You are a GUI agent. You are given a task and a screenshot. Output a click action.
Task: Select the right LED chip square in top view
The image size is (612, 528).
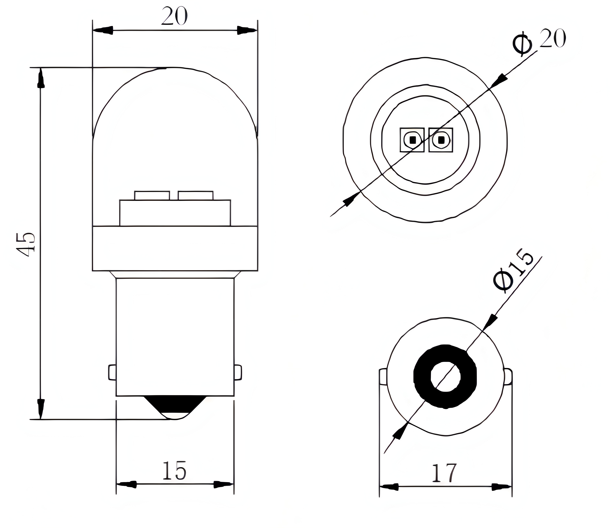click(x=441, y=140)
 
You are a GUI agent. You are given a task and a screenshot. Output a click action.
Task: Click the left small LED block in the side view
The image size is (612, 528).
click(x=152, y=195)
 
